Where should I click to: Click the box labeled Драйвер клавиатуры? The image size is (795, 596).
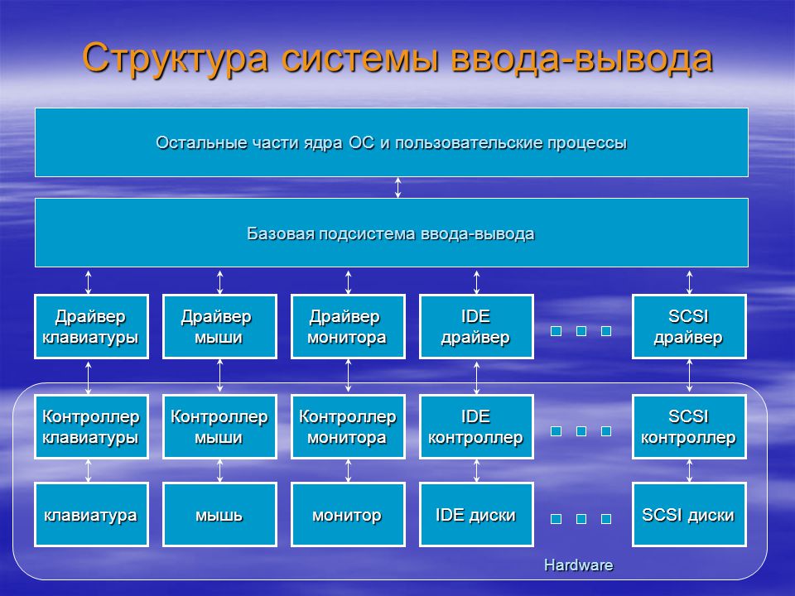[91, 326]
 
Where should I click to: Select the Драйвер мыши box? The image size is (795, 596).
[219, 326]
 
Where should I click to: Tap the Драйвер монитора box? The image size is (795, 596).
[348, 326]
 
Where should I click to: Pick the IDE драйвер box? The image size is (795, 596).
[476, 326]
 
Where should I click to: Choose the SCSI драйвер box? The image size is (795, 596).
[689, 326]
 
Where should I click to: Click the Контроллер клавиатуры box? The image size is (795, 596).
[91, 427]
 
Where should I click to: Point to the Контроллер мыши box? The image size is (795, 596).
[219, 427]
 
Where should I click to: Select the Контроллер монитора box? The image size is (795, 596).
[348, 427]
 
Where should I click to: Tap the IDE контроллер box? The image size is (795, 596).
[476, 427]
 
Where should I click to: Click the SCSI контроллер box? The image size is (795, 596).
[689, 427]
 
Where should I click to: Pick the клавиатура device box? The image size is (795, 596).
[91, 514]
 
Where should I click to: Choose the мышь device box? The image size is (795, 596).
[219, 514]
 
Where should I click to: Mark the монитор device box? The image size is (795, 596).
[348, 514]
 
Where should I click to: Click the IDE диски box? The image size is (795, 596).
[476, 514]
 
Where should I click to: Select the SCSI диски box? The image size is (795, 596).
[689, 514]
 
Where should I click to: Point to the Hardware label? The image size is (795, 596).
[579, 565]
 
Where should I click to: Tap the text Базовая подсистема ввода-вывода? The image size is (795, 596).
[390, 233]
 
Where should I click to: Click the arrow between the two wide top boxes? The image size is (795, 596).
[398, 188]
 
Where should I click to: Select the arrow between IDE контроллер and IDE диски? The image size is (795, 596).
[476, 471]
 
